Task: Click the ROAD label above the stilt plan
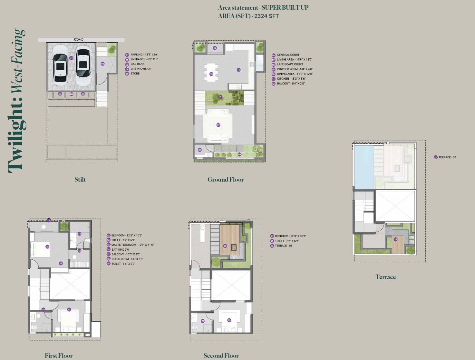point(79,39)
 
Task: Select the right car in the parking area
point(83,65)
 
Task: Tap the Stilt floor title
point(80,180)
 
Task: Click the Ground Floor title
point(225,180)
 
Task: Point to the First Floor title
point(58,355)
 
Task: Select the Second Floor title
point(221,355)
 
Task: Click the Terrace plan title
point(385,277)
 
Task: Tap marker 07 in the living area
point(218,125)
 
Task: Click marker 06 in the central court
point(220,96)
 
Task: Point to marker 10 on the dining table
point(211,74)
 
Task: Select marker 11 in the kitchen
point(238,70)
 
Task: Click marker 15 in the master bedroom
point(47,247)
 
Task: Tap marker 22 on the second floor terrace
point(225,246)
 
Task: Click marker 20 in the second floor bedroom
point(229,320)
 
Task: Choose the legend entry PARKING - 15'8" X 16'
point(144,55)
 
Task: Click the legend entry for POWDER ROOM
point(295,69)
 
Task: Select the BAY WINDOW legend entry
point(120,249)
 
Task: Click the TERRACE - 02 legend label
point(447,157)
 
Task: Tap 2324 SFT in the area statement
point(267,16)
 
